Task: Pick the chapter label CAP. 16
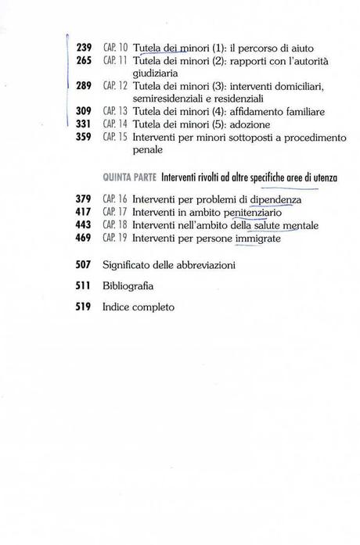(x=114, y=200)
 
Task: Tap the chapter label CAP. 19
(x=114, y=238)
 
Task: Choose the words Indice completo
(x=139, y=307)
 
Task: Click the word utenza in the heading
(x=319, y=178)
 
